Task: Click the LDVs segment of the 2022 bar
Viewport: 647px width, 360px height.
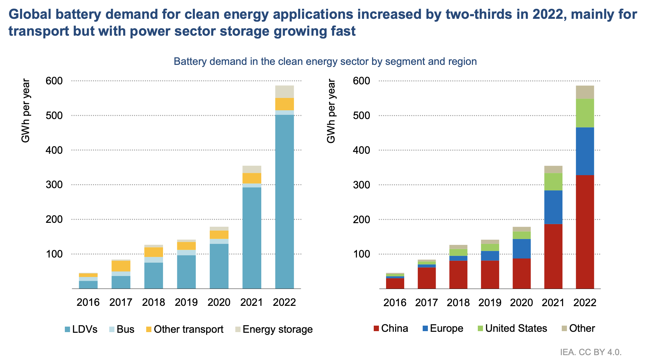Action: tap(284, 201)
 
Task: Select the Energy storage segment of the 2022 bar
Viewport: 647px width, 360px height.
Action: tap(284, 92)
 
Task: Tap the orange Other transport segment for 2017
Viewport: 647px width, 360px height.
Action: tap(121, 266)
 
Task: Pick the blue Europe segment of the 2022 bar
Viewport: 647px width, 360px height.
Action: tap(585, 151)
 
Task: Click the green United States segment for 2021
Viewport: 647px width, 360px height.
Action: tap(553, 182)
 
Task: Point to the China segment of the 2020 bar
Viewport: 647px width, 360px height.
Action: tap(522, 273)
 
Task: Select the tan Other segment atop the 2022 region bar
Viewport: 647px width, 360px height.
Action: tap(585, 92)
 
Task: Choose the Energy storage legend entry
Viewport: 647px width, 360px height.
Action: tap(277, 330)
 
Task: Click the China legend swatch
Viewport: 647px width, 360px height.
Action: tap(376, 329)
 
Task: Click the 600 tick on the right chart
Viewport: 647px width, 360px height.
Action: tap(363, 81)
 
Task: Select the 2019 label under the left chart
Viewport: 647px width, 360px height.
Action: tap(186, 302)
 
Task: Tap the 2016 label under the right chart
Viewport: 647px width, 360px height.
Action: tap(394, 302)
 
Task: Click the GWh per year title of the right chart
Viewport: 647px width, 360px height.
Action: tap(331, 111)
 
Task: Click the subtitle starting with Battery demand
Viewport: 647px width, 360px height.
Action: tap(325, 61)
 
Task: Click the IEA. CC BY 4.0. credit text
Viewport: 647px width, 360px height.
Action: tap(591, 352)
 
